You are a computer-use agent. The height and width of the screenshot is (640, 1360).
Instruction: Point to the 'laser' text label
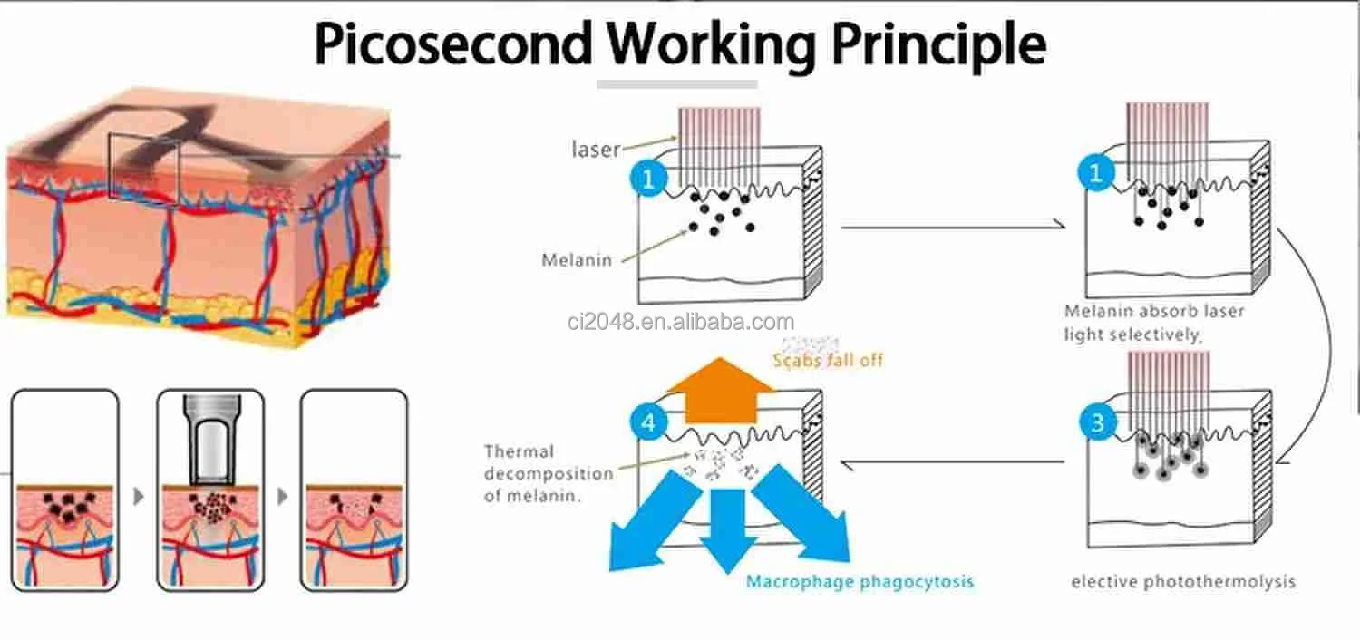[596, 150]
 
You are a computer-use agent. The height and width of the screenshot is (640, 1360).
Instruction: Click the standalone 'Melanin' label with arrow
[577, 260]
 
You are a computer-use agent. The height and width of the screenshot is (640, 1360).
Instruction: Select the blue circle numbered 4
[649, 423]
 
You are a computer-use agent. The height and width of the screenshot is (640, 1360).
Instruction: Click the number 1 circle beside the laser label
[647, 179]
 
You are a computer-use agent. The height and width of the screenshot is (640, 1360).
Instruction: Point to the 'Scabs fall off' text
[827, 360]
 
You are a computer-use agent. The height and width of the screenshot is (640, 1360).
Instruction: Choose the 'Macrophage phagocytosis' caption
[860, 581]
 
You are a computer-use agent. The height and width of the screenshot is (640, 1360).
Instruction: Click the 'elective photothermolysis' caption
[1183, 581]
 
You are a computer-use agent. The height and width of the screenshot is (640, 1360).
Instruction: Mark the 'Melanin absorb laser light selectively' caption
[1154, 323]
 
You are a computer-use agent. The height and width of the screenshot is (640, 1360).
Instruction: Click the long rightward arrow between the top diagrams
[952, 227]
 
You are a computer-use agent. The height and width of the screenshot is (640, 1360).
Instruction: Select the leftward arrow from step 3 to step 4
[952, 462]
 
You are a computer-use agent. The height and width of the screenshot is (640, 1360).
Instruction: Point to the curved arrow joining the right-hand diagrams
[1326, 344]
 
